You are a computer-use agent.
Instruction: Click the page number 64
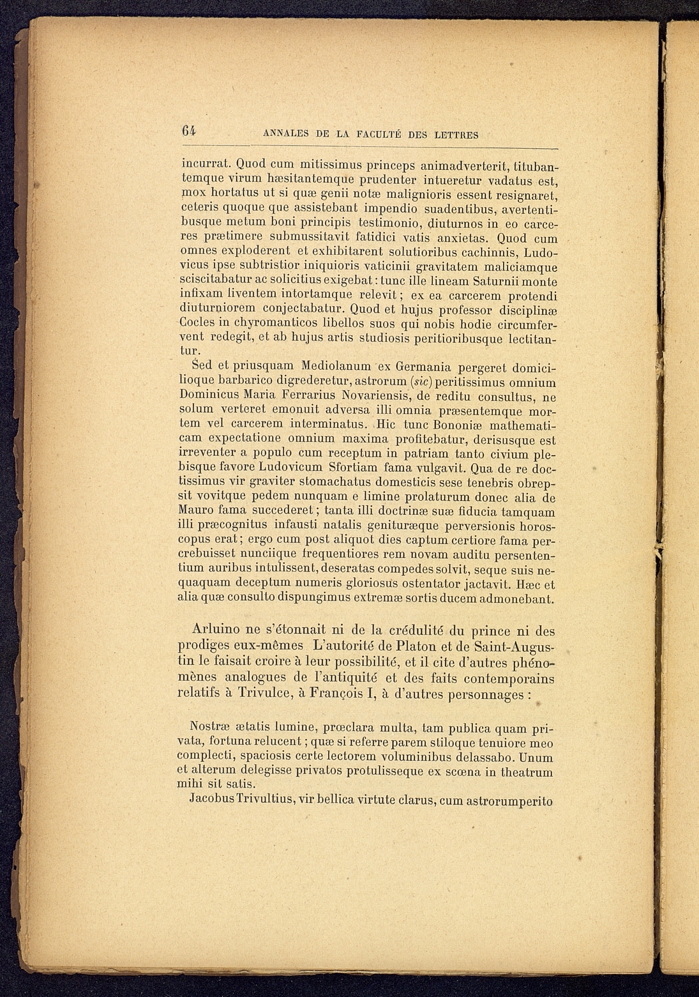coord(188,131)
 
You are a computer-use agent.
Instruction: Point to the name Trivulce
coord(265,692)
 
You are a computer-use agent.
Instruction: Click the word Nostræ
coord(211,727)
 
